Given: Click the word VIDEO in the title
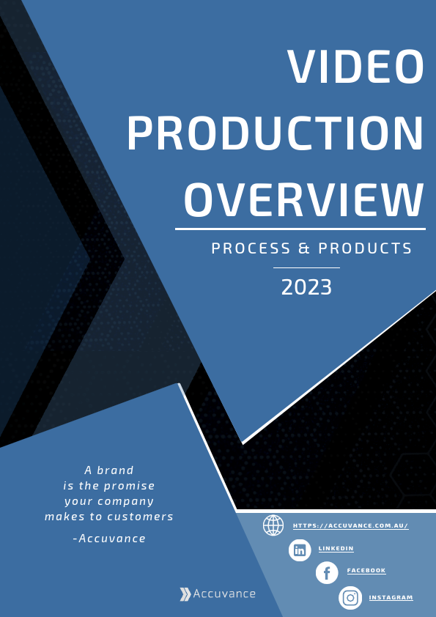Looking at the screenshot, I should [x=355, y=67].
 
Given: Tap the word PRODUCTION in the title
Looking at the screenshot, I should [x=276, y=133].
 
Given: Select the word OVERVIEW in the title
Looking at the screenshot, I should [x=304, y=199].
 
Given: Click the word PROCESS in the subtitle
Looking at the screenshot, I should [x=251, y=249].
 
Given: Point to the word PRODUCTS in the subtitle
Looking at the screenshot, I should [x=366, y=249].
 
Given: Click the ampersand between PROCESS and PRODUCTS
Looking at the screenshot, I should [x=305, y=249].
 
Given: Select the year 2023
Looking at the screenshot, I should [x=306, y=287].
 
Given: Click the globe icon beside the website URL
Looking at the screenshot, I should [x=273, y=525].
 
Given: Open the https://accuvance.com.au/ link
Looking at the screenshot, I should [x=350, y=526].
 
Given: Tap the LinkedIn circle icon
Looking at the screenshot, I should [x=300, y=550].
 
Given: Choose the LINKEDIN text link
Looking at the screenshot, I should [x=336, y=548].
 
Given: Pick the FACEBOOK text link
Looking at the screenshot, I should [x=366, y=571].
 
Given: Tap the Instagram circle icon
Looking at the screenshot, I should [x=350, y=598].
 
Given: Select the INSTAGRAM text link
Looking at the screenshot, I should [x=391, y=598].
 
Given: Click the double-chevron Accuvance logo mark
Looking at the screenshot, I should [x=185, y=594].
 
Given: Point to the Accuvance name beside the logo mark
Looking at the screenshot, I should [x=224, y=594].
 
